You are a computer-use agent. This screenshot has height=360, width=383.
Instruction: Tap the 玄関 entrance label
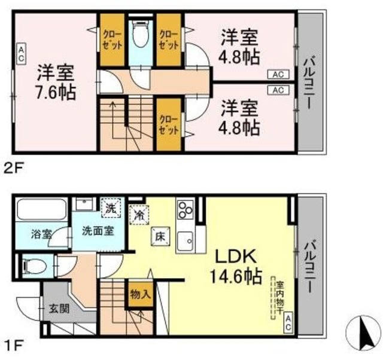59,309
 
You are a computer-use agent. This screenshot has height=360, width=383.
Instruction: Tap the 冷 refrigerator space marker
138,212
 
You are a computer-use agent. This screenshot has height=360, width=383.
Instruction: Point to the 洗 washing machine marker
111,210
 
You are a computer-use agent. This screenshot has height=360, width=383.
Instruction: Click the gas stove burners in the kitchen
184,210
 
